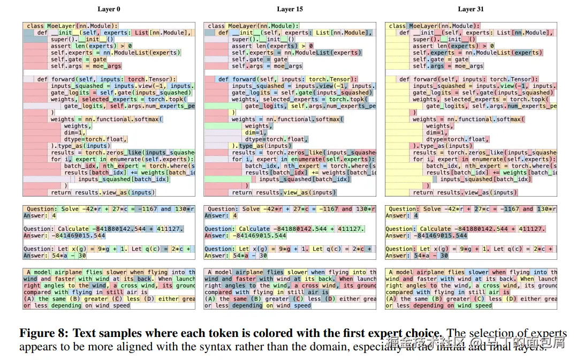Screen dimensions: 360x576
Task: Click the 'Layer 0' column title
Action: coord(109,9)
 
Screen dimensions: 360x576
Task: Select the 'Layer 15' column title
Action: coord(290,9)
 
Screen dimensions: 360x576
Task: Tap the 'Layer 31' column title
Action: coord(471,9)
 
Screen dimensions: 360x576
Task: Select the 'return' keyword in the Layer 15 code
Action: coord(242,192)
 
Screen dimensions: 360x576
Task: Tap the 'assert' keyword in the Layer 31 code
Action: coord(422,46)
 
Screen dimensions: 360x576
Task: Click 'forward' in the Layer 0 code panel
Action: coord(64,79)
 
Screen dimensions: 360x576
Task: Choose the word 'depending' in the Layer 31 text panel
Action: coord(428,306)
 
